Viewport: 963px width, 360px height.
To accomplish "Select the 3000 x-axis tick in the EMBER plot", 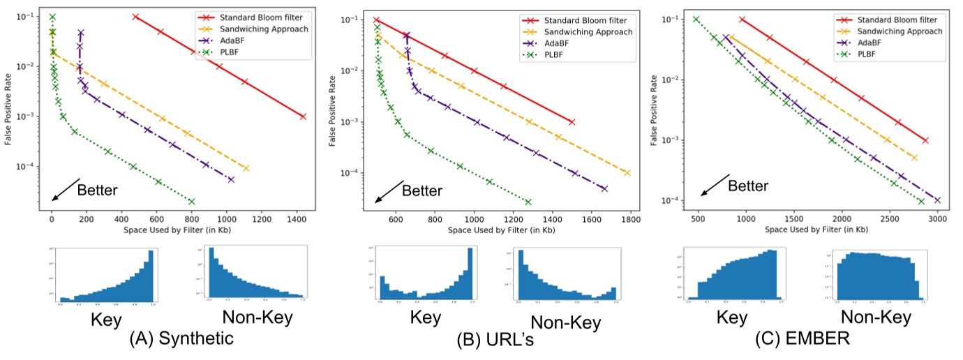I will (937, 218).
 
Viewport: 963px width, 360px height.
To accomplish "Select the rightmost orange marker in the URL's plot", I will (627, 172).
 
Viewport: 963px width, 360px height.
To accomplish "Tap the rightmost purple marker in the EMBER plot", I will (937, 200).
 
